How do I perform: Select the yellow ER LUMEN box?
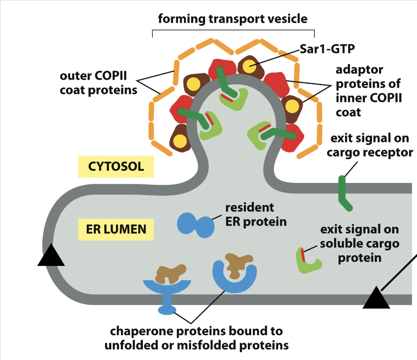click(x=116, y=229)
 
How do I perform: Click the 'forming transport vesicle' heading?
click(x=233, y=19)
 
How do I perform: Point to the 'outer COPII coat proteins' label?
click(x=99, y=83)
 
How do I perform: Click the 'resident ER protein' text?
click(x=256, y=214)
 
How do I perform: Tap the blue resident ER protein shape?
click(x=195, y=224)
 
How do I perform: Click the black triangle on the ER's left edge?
click(x=51, y=256)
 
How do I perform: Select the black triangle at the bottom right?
click(x=376, y=299)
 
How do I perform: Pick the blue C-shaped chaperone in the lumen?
click(x=234, y=278)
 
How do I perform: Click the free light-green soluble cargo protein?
click(x=308, y=261)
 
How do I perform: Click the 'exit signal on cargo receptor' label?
click(x=369, y=145)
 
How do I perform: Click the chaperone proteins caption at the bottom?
click(x=196, y=338)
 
